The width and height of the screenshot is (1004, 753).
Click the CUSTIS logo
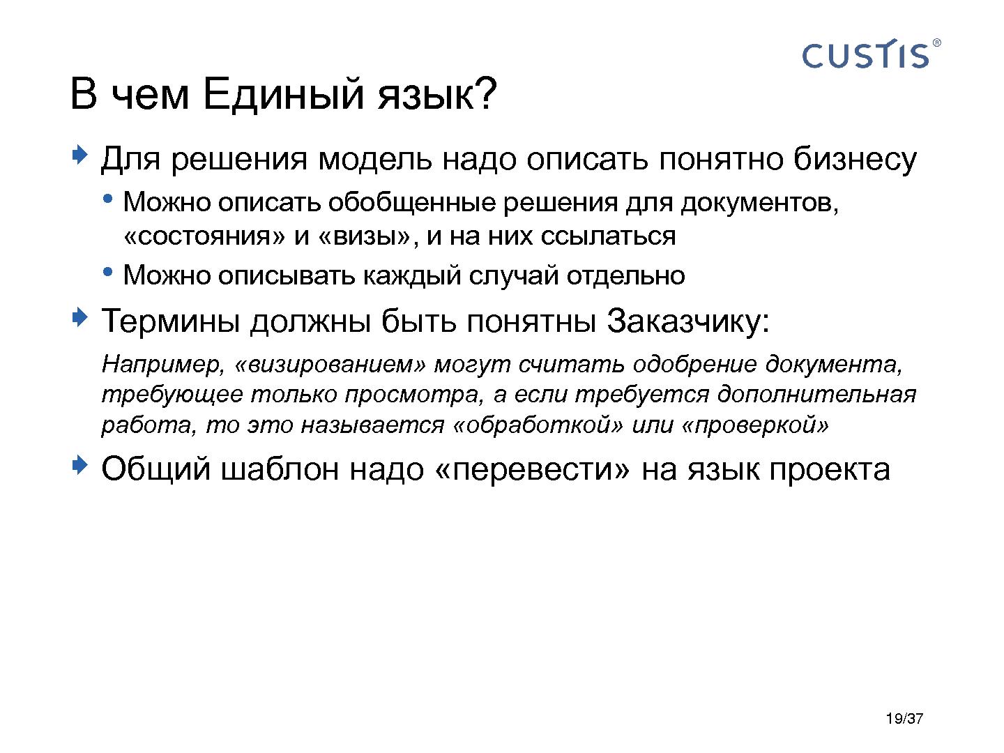pyautogui.click(x=865, y=55)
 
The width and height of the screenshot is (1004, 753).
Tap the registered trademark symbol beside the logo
pyautogui.click(x=936, y=43)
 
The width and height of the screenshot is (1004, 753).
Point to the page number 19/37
pyautogui.click(x=904, y=720)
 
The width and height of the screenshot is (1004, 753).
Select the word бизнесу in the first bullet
pyautogui.click(x=855, y=160)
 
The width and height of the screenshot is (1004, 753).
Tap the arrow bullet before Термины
pyautogui.click(x=80, y=318)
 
